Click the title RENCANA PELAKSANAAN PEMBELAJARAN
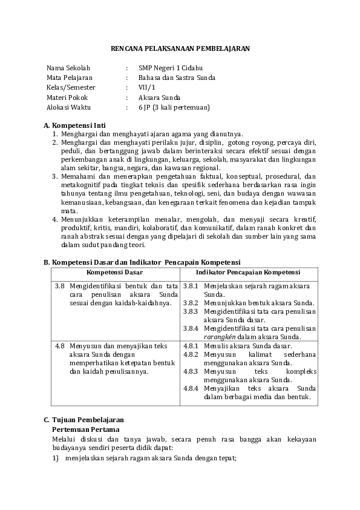click(x=180, y=48)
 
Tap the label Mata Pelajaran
click(x=69, y=78)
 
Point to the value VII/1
click(x=146, y=87)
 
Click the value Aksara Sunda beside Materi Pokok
click(x=159, y=98)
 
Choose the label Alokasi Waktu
click(x=68, y=107)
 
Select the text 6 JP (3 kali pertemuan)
click(x=174, y=107)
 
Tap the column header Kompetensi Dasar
click(x=115, y=273)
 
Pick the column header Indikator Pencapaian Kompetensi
click(x=248, y=273)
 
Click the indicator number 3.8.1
click(x=191, y=285)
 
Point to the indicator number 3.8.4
click(x=191, y=328)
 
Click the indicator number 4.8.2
click(x=191, y=354)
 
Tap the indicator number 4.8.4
click(x=191, y=388)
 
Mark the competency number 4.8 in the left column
click(x=60, y=346)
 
